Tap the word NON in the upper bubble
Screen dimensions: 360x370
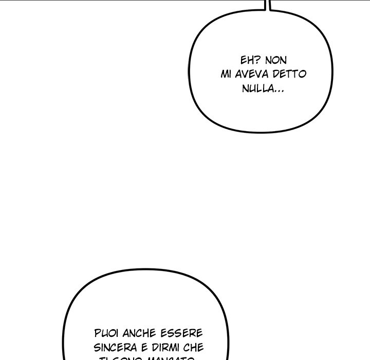tap(275, 60)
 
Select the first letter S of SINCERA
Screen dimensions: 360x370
tap(97, 348)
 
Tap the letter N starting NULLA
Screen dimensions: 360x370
tap(244, 89)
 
